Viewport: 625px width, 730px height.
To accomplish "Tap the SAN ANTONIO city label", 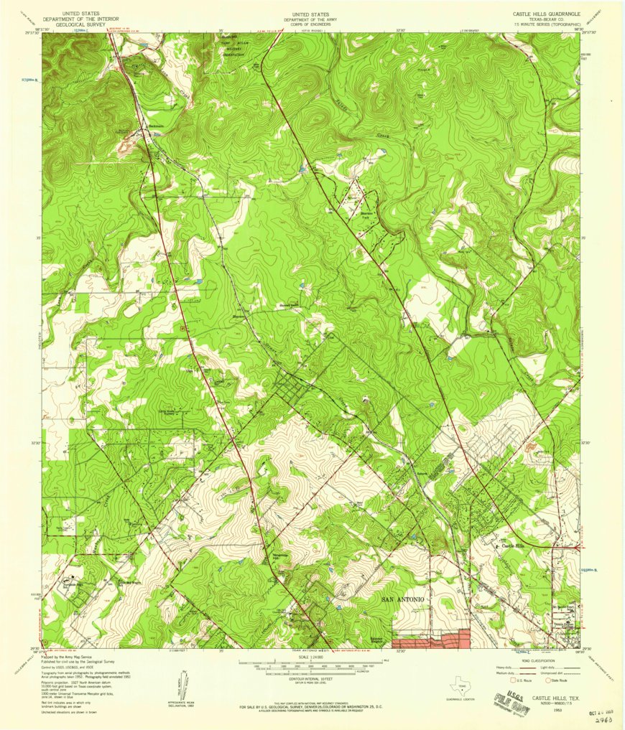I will (x=404, y=598).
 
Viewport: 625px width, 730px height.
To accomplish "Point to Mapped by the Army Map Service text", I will (x=68, y=656).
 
